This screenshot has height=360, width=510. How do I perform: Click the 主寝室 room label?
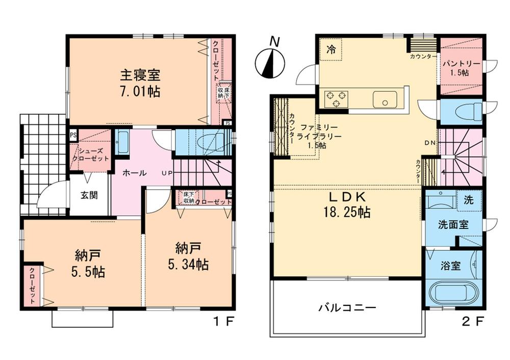tap(140, 75)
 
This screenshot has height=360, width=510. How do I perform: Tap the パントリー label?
tap(461, 64)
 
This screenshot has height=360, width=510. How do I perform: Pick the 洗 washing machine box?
tap(468, 200)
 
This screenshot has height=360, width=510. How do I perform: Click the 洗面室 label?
tap(453, 224)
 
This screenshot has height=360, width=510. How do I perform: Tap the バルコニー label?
tap(347, 308)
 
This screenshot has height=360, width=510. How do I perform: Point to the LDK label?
tap(348, 196)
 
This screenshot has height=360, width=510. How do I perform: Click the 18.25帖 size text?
tap(348, 212)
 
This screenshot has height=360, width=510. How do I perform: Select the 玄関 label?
tap(89, 194)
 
